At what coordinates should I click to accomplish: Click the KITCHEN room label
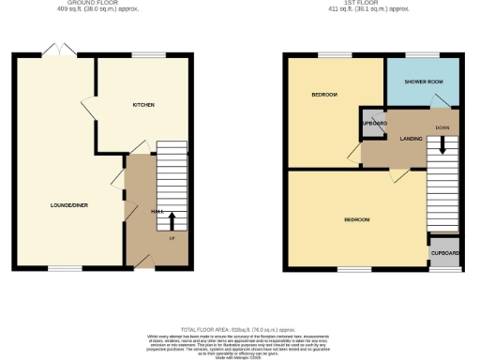[142, 105]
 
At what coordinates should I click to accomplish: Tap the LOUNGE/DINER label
[69, 204]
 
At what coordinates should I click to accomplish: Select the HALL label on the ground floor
[157, 212]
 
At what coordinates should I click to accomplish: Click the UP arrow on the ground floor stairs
[171, 221]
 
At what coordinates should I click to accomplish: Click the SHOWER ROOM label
[423, 82]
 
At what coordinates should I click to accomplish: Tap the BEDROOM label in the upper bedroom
[324, 95]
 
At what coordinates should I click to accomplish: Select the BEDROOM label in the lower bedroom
[356, 219]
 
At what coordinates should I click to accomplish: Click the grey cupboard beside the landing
[371, 125]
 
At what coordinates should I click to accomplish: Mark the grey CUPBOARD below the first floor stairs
[444, 253]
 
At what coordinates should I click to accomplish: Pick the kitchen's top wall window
[143, 54]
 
